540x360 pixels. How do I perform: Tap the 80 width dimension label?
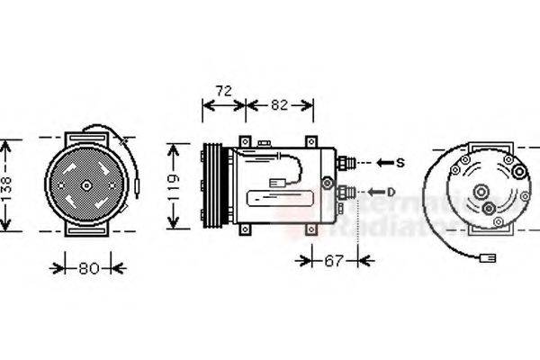87,267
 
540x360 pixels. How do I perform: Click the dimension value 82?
279,105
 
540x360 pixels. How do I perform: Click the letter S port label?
400,163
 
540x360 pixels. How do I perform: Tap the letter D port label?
392,191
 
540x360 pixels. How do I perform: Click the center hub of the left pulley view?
86,186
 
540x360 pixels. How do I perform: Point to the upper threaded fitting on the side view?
347,163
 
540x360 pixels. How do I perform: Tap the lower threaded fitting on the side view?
347,191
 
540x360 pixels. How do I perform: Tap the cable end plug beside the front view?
136,187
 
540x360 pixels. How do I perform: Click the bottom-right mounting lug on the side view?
312,228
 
